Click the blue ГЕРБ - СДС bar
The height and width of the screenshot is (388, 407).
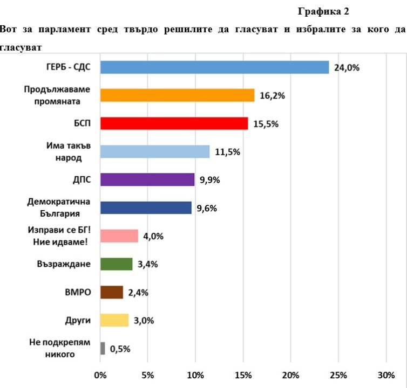tap(214, 67)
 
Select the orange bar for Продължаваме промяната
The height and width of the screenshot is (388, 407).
tap(177, 95)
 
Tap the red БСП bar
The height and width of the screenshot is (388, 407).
tap(174, 123)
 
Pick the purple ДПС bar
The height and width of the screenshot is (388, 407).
tap(147, 179)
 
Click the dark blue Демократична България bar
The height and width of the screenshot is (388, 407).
tap(146, 207)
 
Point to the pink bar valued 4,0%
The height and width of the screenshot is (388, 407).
tap(119, 236)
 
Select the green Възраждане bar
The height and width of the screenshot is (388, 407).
tap(116, 264)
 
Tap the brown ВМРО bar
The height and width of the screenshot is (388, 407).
tap(112, 292)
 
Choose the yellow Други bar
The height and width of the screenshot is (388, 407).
tap(114, 320)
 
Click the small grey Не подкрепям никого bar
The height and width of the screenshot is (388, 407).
tap(103, 348)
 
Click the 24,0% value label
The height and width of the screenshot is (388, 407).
tap(347, 68)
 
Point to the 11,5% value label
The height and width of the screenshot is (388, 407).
tap(227, 152)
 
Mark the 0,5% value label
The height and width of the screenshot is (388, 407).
tap(120, 349)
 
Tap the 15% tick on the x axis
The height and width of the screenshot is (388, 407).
tap(243, 375)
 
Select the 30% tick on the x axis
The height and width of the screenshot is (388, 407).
tap(386, 375)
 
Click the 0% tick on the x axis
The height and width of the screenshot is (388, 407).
tap(100, 375)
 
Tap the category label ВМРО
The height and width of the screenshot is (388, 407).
tap(78, 292)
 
